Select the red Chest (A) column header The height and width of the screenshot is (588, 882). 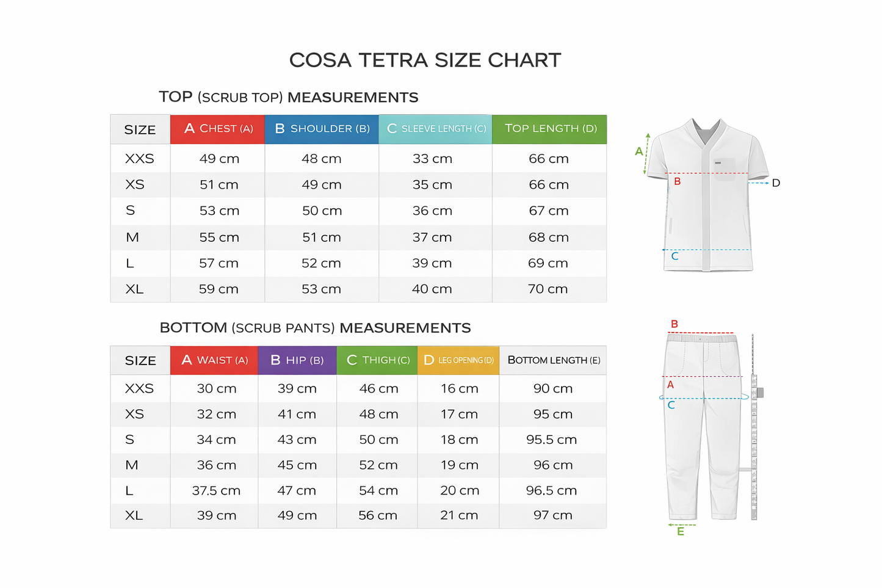[x=218, y=129]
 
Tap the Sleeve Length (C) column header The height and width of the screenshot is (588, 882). [x=436, y=129]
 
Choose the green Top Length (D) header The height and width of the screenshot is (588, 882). [x=550, y=129]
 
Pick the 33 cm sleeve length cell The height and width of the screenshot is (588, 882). [x=432, y=159]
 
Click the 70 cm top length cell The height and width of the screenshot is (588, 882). [x=548, y=289]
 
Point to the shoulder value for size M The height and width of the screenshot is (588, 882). [x=321, y=237]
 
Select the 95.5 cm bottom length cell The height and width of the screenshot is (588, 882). [x=551, y=440]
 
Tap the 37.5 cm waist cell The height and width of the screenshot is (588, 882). [x=216, y=490]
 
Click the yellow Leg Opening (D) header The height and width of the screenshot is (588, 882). [x=458, y=360]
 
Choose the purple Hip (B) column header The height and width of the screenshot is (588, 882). [x=297, y=360]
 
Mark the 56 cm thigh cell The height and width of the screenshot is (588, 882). [x=378, y=515]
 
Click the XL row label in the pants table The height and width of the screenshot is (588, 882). [x=134, y=515]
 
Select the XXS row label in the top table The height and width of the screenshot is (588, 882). [x=139, y=159]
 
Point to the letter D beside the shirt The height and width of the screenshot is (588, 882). [x=776, y=183]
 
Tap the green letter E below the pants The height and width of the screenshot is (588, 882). [x=680, y=532]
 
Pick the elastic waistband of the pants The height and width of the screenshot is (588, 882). [x=701, y=337]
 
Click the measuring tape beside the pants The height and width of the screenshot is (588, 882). [x=754, y=427]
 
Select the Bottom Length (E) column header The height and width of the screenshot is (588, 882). [x=554, y=360]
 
